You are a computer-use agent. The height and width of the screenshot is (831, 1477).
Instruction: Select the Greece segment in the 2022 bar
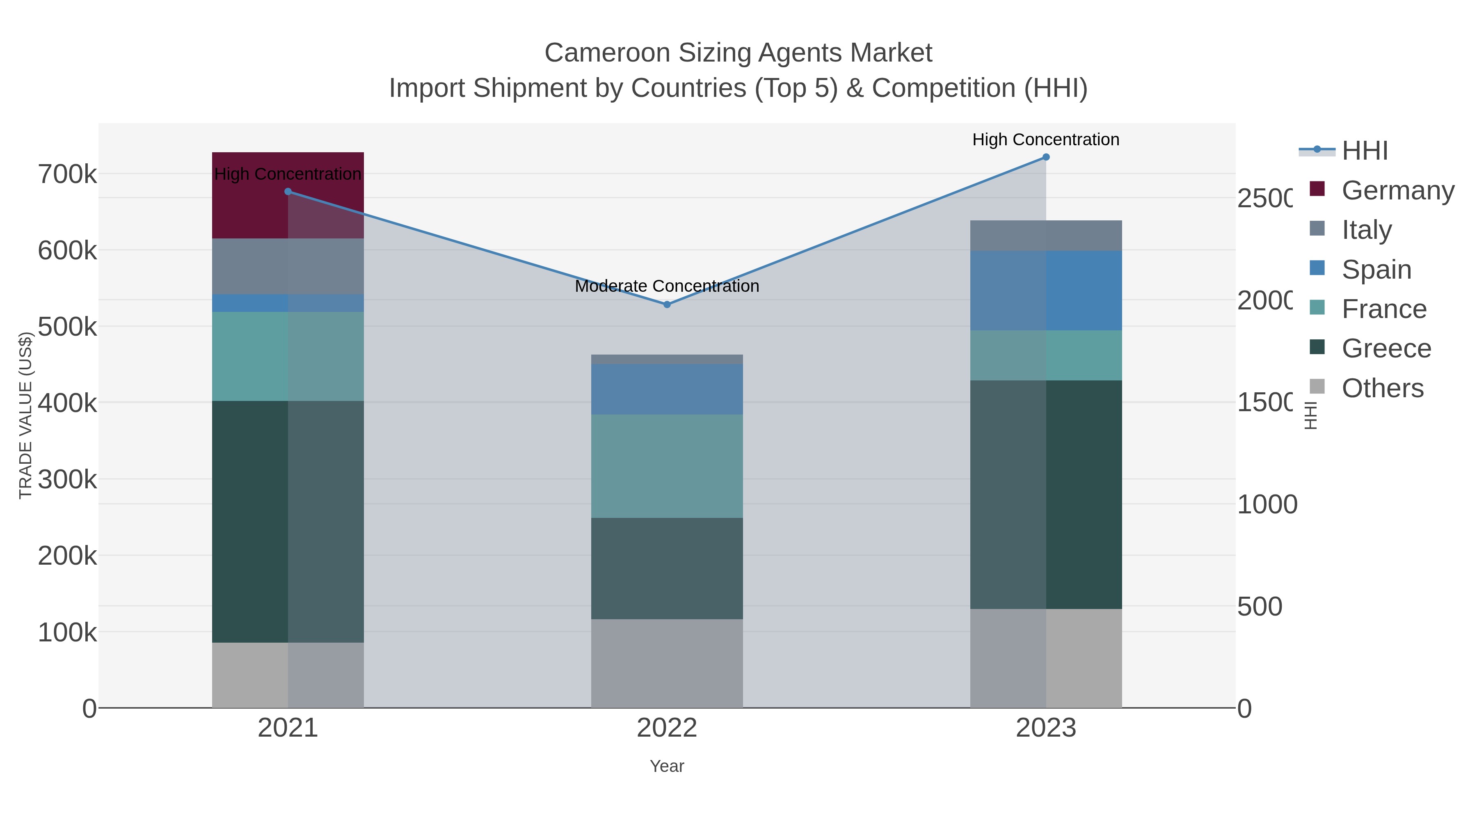[667, 568]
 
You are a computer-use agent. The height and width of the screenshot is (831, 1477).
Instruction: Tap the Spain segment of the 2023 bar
[1046, 290]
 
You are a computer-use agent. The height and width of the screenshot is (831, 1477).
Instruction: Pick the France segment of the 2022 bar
[667, 466]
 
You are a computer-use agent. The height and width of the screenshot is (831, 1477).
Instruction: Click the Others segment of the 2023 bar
[1046, 658]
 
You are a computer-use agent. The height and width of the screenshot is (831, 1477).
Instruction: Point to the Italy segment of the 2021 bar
[288, 266]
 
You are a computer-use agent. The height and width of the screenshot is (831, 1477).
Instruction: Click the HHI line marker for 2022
[667, 304]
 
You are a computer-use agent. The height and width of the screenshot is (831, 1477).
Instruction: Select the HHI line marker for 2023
[1046, 157]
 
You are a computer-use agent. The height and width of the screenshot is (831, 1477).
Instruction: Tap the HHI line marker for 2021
[288, 192]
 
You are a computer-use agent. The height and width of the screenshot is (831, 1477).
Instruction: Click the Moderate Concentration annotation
[667, 286]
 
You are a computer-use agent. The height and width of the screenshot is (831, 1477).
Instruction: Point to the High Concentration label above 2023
[1046, 140]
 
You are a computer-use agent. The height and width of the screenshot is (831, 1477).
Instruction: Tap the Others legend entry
[1382, 388]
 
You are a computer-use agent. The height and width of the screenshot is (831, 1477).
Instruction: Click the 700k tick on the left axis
[68, 174]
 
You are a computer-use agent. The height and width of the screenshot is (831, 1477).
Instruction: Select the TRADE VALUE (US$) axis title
[26, 415]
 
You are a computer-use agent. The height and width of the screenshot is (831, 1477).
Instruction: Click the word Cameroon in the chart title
[607, 53]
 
